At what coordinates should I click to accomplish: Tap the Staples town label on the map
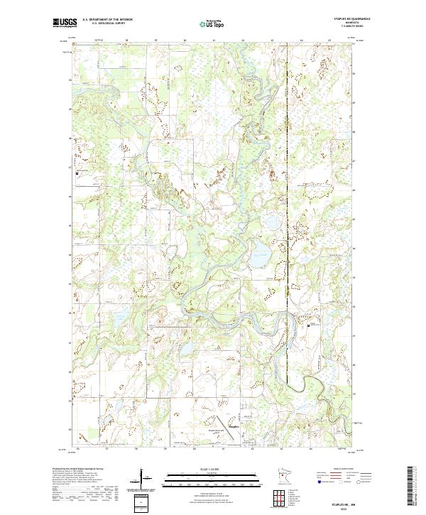(234, 425)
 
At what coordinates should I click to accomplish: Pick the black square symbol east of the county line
(309, 325)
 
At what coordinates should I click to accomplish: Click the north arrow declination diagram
(146, 477)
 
